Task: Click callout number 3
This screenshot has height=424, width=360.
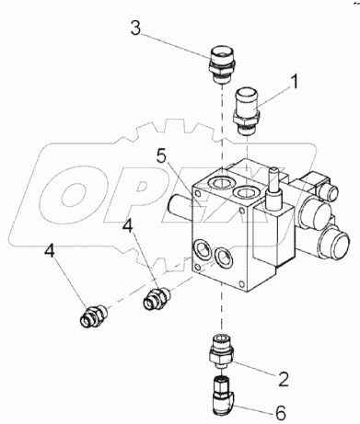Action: click(x=135, y=29)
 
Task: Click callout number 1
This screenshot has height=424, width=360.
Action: click(x=294, y=81)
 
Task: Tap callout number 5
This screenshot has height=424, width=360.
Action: click(x=162, y=157)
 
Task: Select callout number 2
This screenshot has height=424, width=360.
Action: click(x=283, y=379)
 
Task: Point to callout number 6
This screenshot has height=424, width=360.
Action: click(x=280, y=413)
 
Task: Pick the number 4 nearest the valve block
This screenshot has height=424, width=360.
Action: click(x=128, y=226)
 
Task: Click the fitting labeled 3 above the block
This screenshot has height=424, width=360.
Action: click(x=223, y=64)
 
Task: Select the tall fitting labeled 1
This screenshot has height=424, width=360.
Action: click(x=247, y=111)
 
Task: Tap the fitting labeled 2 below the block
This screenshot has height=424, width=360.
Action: click(x=221, y=352)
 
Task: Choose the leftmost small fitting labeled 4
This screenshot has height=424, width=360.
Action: click(x=92, y=315)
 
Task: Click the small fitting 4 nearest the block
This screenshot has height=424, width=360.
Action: click(x=157, y=297)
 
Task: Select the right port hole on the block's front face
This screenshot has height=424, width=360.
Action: click(x=223, y=257)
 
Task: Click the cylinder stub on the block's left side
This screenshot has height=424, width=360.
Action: click(x=180, y=208)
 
